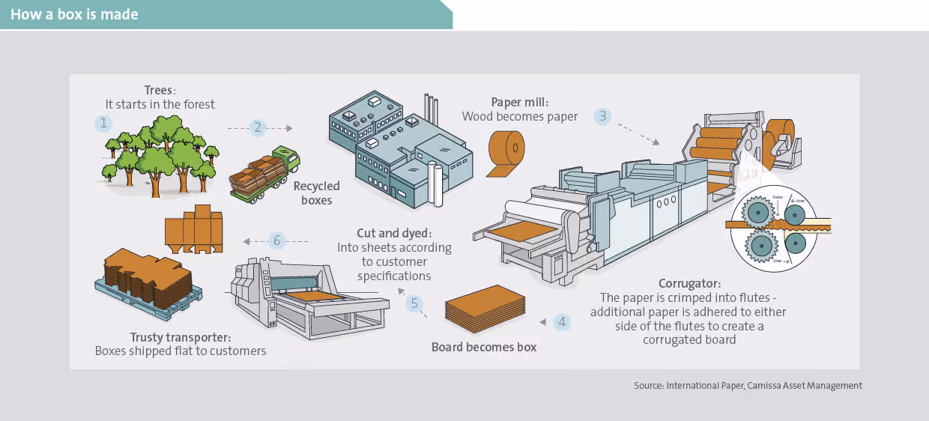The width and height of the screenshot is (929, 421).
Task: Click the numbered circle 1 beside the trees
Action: (103, 123)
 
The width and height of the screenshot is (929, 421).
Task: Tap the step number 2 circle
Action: (258, 127)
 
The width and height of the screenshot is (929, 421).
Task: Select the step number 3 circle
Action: (602, 116)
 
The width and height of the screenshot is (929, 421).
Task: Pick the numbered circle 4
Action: (561, 322)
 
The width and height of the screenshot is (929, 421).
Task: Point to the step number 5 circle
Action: (414, 303)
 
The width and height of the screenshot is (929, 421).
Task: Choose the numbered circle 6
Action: (277, 240)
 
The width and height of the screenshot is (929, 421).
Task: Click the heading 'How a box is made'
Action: (74, 14)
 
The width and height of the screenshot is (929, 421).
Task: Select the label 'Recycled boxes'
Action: (316, 193)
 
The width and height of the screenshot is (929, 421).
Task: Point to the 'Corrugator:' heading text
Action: (689, 283)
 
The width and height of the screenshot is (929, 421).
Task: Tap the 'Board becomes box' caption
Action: (484, 347)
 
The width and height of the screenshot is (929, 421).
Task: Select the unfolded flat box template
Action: (194, 228)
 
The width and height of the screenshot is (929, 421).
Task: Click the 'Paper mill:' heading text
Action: (519, 102)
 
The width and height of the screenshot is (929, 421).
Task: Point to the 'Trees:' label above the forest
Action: (160, 90)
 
